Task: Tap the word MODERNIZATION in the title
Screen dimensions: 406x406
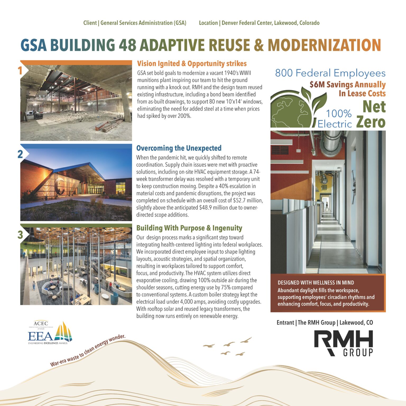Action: (x=324, y=45)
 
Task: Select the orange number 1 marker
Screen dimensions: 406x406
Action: (x=20, y=71)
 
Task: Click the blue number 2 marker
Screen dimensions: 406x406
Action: (x=20, y=154)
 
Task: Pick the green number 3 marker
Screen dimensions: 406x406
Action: (x=20, y=235)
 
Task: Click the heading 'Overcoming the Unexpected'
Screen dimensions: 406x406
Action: (x=179, y=148)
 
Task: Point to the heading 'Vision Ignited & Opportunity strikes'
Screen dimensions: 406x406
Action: (x=192, y=64)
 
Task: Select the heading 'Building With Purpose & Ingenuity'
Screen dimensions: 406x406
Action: (x=189, y=228)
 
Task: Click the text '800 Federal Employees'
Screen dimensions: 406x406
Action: (x=330, y=73)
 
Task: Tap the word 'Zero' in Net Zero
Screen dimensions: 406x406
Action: (x=371, y=122)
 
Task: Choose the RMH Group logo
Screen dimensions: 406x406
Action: (x=343, y=343)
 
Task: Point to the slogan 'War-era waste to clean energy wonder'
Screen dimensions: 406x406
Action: (x=87, y=350)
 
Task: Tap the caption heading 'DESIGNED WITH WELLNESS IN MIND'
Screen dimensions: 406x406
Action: (x=316, y=283)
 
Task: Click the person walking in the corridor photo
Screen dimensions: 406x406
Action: (x=327, y=206)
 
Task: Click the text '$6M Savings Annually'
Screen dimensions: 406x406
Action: (x=348, y=85)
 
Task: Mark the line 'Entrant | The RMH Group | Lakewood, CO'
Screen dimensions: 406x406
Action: (x=325, y=322)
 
